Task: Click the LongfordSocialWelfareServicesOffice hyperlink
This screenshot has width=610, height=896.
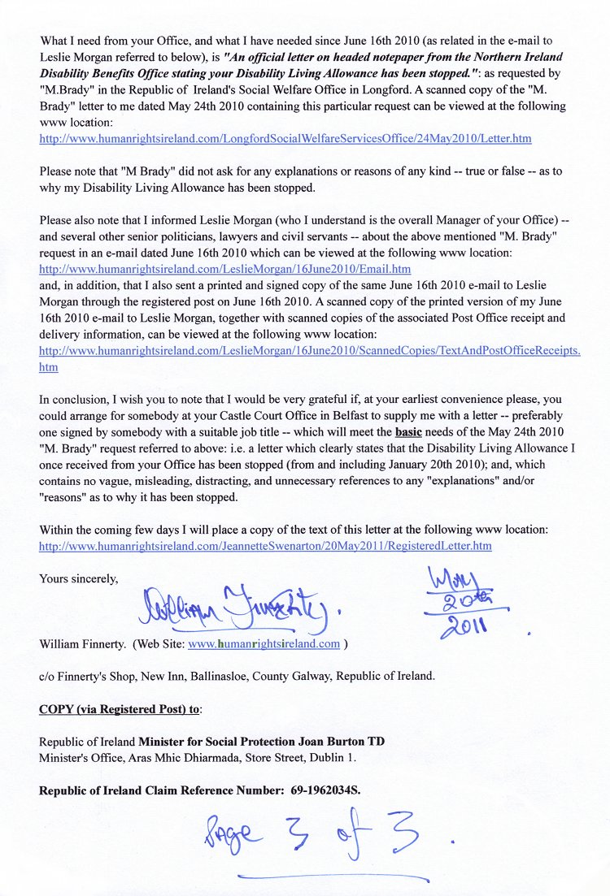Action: click(285, 139)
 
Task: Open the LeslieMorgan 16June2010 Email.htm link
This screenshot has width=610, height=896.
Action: click(224, 269)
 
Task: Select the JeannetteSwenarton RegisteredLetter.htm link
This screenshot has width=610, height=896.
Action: click(265, 546)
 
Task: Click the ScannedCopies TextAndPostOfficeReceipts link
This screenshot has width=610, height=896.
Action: click(309, 351)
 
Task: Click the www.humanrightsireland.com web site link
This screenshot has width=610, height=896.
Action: click(264, 644)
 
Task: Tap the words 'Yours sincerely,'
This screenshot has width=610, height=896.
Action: click(79, 579)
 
